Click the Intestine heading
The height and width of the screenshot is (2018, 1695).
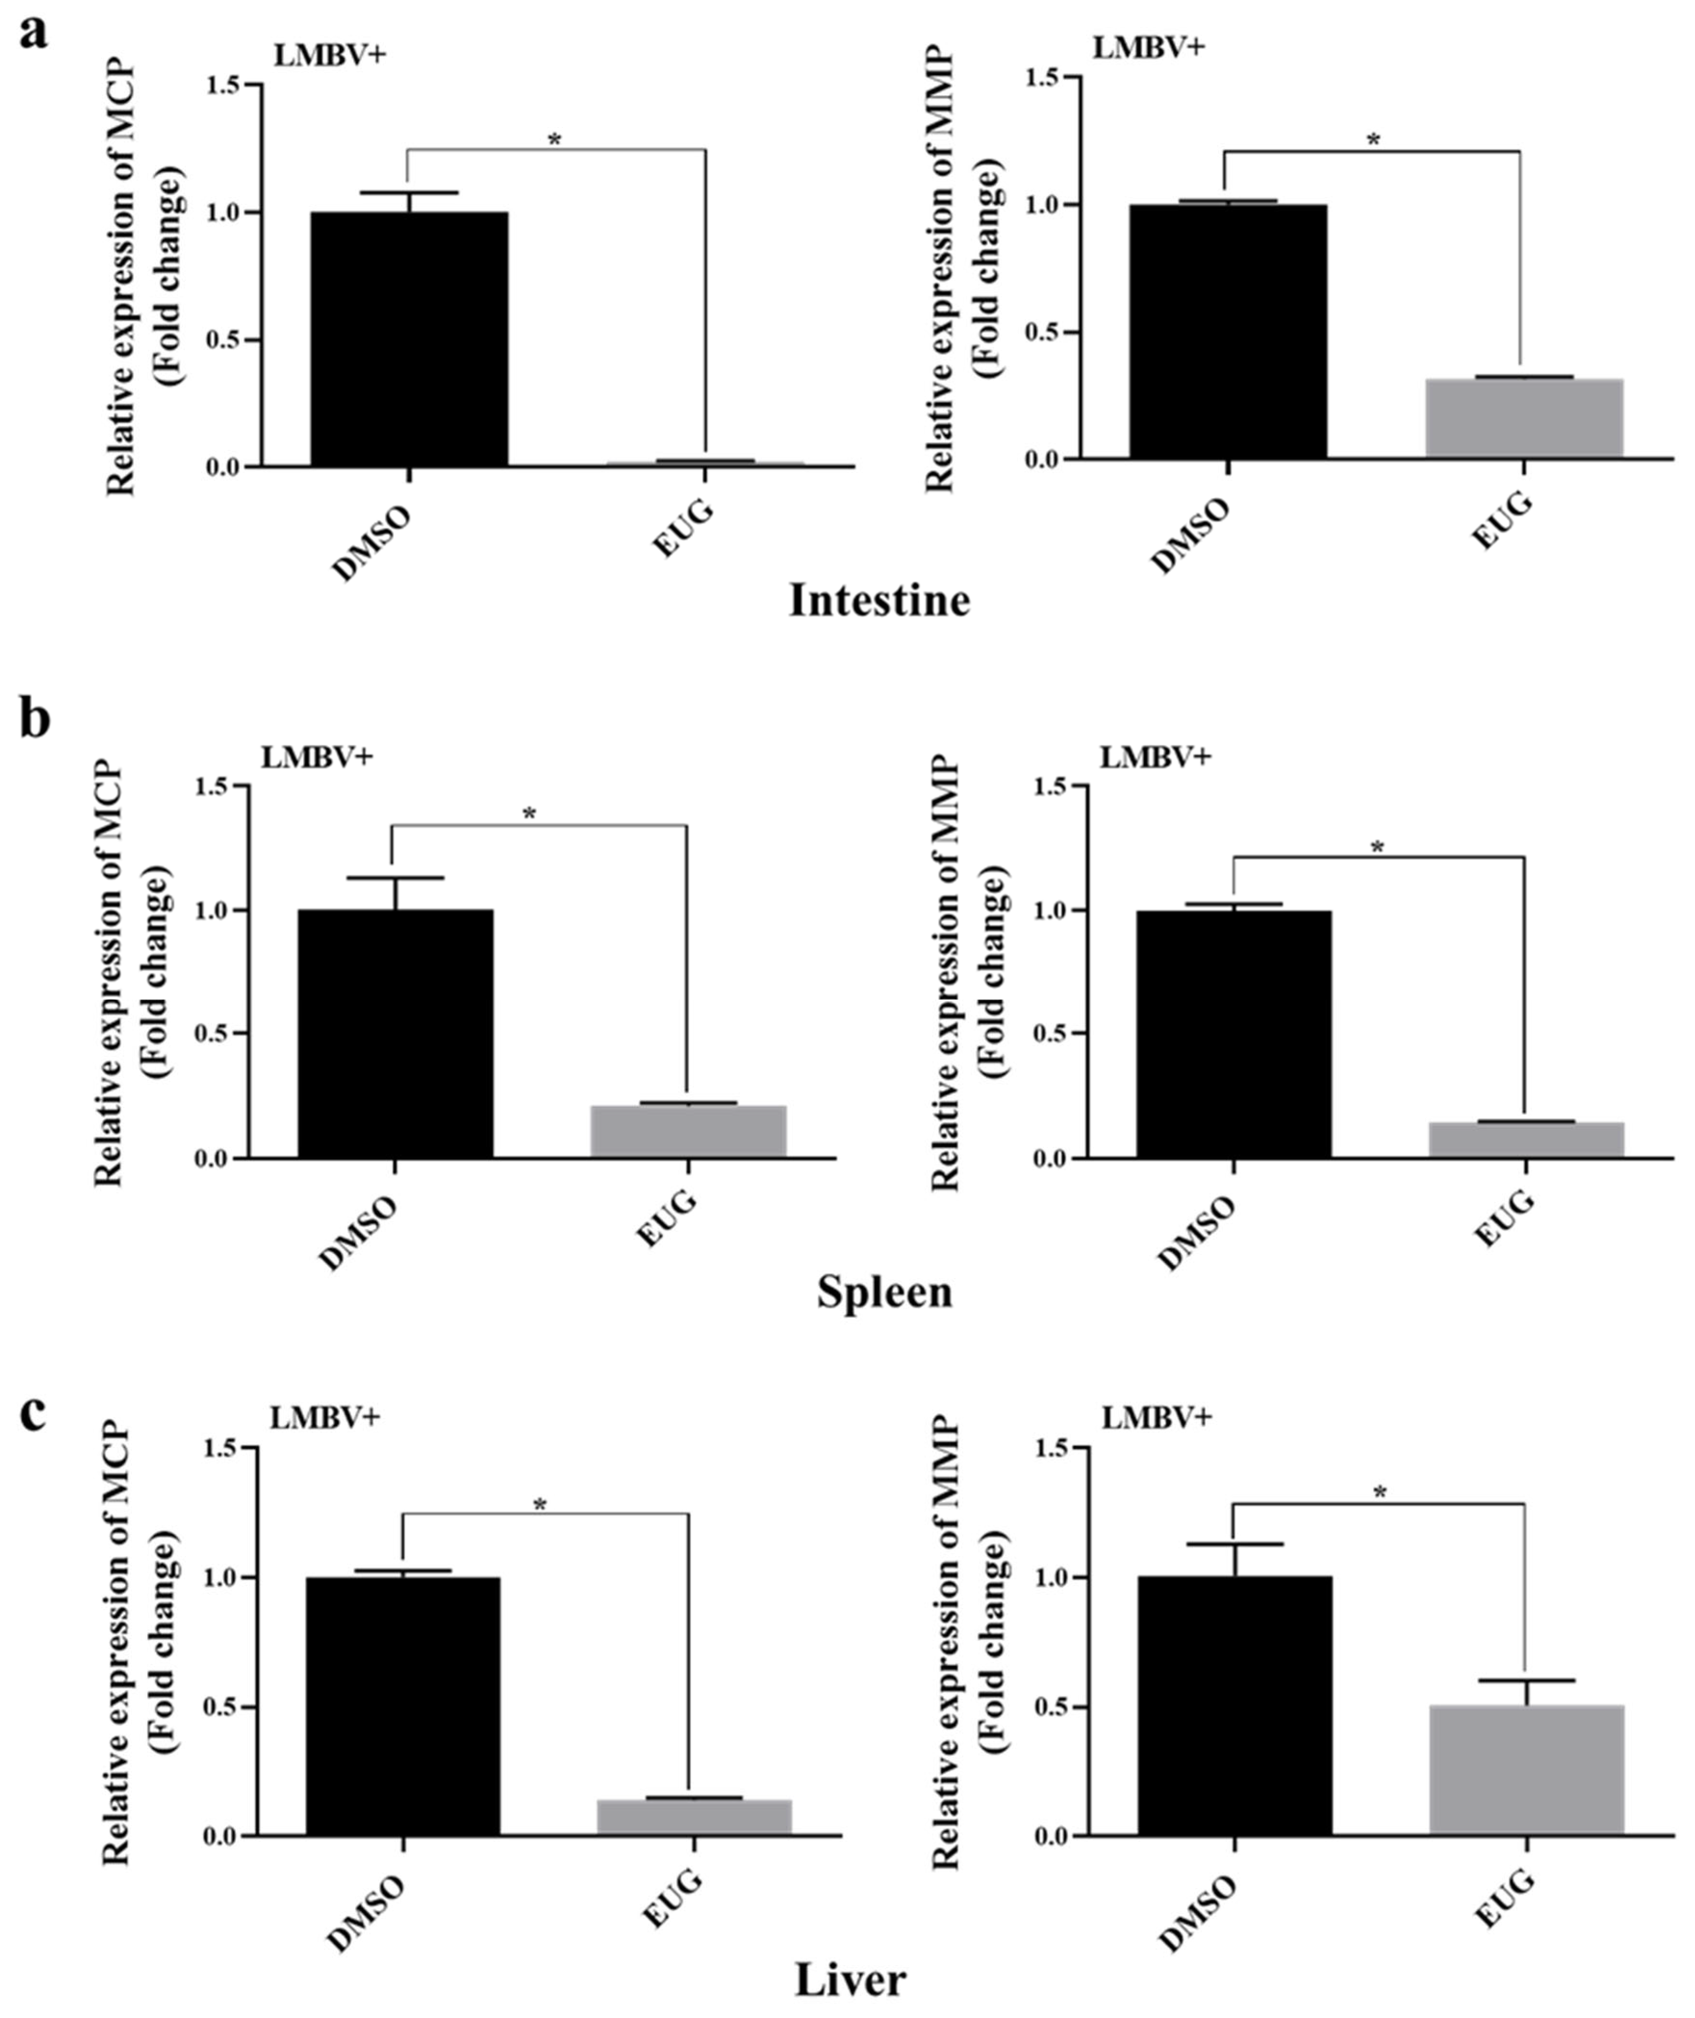[x=879, y=601]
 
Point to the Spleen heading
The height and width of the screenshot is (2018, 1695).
[x=884, y=1293]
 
